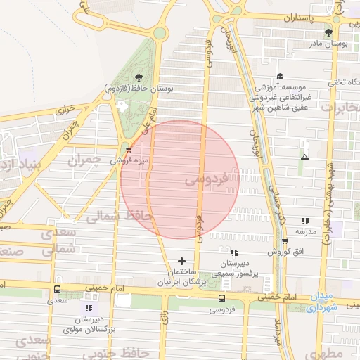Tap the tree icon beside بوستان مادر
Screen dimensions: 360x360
[328, 32]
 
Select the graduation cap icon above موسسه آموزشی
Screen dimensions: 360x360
[280, 77]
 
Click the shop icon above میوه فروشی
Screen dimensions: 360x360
[127, 149]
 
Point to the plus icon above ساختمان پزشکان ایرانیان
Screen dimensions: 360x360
[182, 261]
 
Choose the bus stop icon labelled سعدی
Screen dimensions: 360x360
[57, 289]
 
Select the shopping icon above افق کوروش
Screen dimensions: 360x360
[285, 240]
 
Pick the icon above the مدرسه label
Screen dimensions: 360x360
[304, 221]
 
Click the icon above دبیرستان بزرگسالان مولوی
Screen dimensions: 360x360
[89, 308]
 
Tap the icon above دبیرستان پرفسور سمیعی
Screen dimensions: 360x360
[234, 252]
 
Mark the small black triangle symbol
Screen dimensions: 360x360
[304, 156]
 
